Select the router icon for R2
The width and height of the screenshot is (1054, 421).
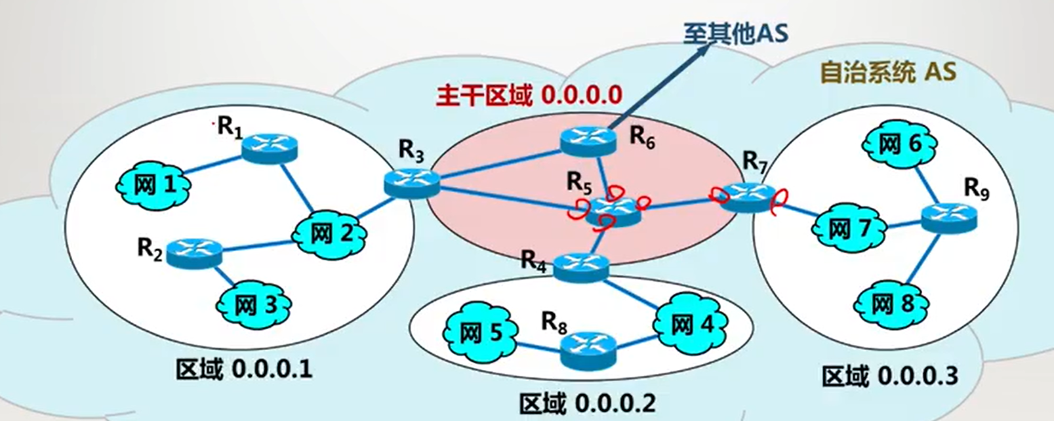coord(194,252)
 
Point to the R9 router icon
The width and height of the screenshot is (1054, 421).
coord(948,217)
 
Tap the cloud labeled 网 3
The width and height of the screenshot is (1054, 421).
coord(254,305)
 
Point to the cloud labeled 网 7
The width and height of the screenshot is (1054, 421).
coord(849,229)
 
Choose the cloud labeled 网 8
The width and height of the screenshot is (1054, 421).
coord(892,304)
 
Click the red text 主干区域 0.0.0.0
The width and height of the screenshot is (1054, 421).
coord(529,96)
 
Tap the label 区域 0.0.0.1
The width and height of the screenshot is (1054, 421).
coord(243,369)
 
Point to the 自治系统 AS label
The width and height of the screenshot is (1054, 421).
coord(888,72)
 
